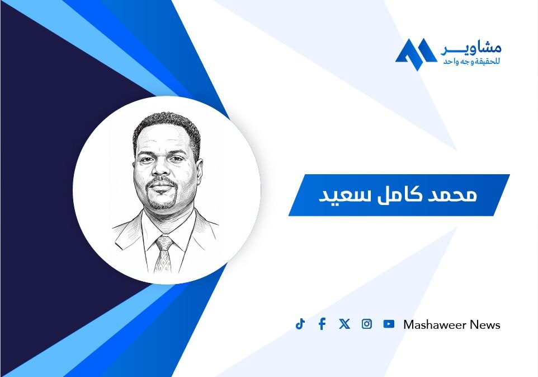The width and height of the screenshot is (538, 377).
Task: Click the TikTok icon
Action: click(x=300, y=324)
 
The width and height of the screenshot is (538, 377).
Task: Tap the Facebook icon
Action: click(x=322, y=324)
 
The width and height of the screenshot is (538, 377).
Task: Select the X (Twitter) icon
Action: click(x=344, y=324)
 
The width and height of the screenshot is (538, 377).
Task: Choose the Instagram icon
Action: click(x=367, y=324)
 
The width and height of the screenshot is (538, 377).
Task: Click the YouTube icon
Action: click(x=389, y=324)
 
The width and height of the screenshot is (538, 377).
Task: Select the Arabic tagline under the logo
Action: click(x=472, y=62)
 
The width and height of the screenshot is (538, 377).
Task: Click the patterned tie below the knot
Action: click(x=163, y=260)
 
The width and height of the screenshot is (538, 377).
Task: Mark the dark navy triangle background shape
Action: click(x=62, y=189)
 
